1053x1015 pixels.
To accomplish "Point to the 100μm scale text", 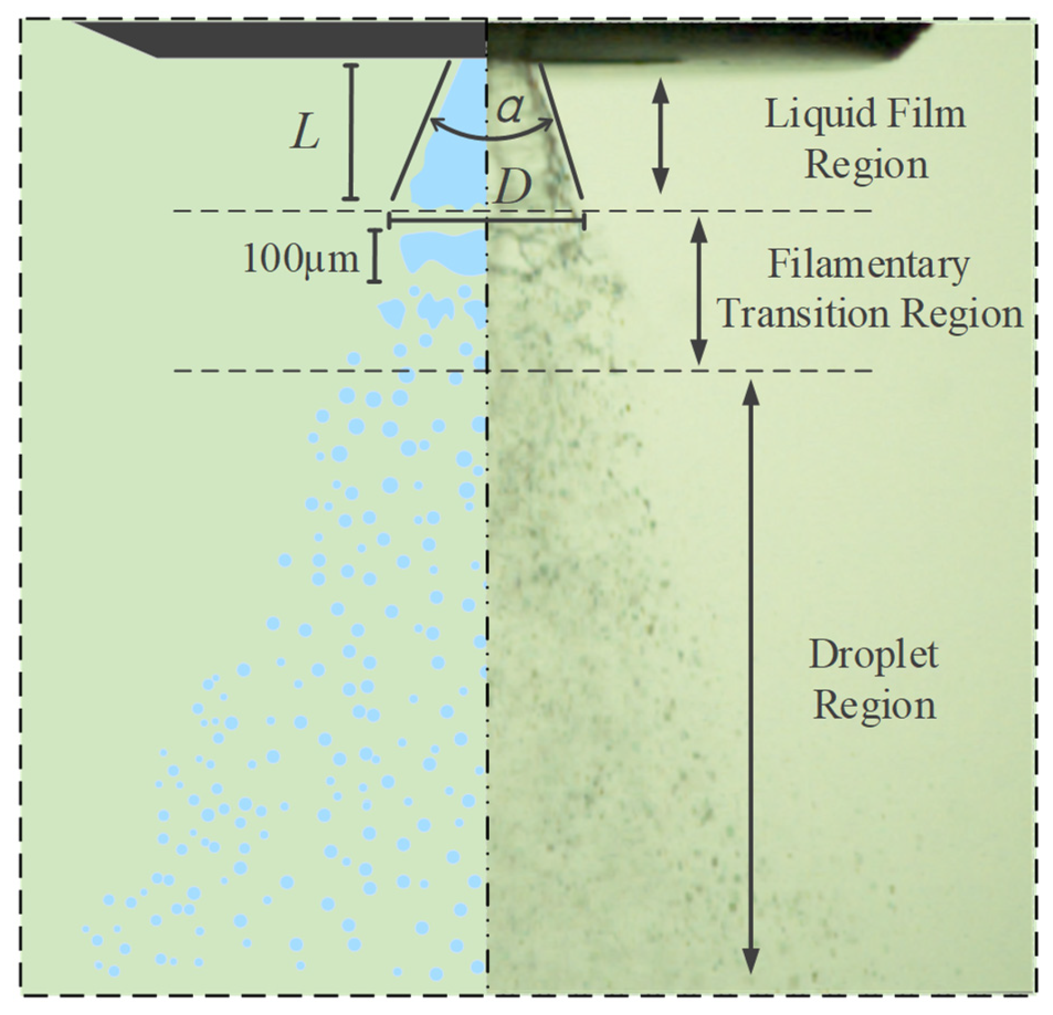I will tap(300, 259).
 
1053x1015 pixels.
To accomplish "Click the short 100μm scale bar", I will tap(374, 257).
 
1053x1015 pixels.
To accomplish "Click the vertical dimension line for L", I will tap(351, 132).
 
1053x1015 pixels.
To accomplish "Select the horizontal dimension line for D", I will tap(487, 220).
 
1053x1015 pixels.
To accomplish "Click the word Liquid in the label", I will tap(810, 114).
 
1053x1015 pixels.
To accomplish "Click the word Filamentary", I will tap(869, 265).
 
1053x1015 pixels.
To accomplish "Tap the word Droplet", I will tap(873, 654).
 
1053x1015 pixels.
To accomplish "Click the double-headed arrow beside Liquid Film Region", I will tap(661, 136).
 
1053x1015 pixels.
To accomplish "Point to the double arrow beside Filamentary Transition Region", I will tap(698, 291).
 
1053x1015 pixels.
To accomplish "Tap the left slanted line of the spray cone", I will tap(421, 130).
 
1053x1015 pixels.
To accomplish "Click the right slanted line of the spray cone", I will tap(561, 130).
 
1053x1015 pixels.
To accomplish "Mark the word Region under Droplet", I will tap(874, 705).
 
